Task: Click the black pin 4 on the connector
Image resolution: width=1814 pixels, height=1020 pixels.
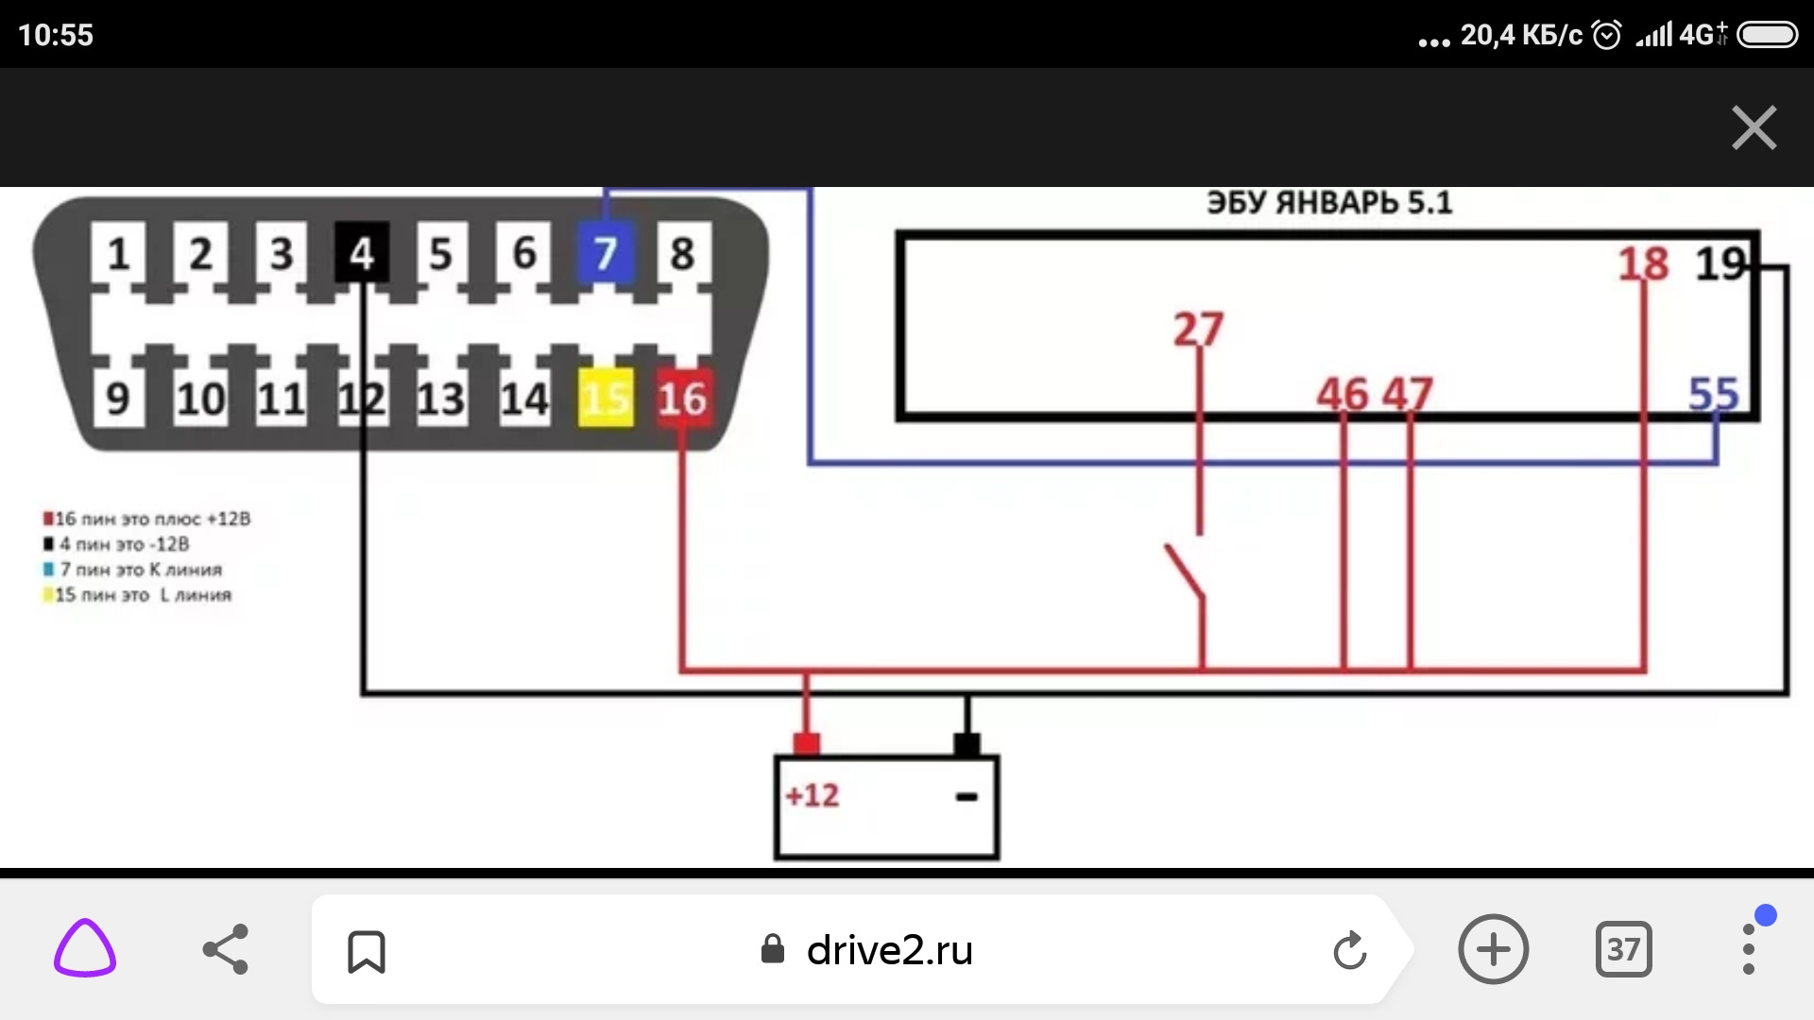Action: pos(362,253)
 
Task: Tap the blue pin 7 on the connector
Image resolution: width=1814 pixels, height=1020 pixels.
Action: pos(605,253)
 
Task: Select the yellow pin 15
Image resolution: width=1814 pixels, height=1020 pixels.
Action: pos(605,399)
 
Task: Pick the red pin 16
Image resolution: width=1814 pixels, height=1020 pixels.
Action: pos(682,399)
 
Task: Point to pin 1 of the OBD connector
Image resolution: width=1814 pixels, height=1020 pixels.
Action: pos(118,253)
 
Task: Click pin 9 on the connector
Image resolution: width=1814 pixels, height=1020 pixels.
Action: pos(118,399)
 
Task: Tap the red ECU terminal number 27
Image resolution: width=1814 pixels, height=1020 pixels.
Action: pos(1198,330)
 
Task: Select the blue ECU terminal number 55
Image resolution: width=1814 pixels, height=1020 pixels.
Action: pos(1713,394)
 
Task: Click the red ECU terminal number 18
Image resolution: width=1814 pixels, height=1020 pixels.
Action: pos(1643,263)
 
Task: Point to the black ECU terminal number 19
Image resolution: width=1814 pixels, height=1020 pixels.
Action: pos(1720,263)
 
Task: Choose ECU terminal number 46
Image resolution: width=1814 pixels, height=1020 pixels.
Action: pos(1343,394)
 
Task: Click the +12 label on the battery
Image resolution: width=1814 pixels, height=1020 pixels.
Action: pos(813,795)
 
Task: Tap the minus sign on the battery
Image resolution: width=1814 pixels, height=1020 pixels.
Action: pos(966,797)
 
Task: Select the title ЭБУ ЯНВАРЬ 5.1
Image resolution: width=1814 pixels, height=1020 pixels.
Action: pos(1328,203)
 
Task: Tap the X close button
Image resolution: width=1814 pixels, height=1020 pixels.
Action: pos(1754,127)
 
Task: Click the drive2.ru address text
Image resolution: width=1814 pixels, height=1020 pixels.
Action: pos(889,950)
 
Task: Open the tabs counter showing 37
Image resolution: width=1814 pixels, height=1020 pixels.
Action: pos(1623,949)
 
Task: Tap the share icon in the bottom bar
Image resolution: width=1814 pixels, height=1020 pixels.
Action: pos(226,949)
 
